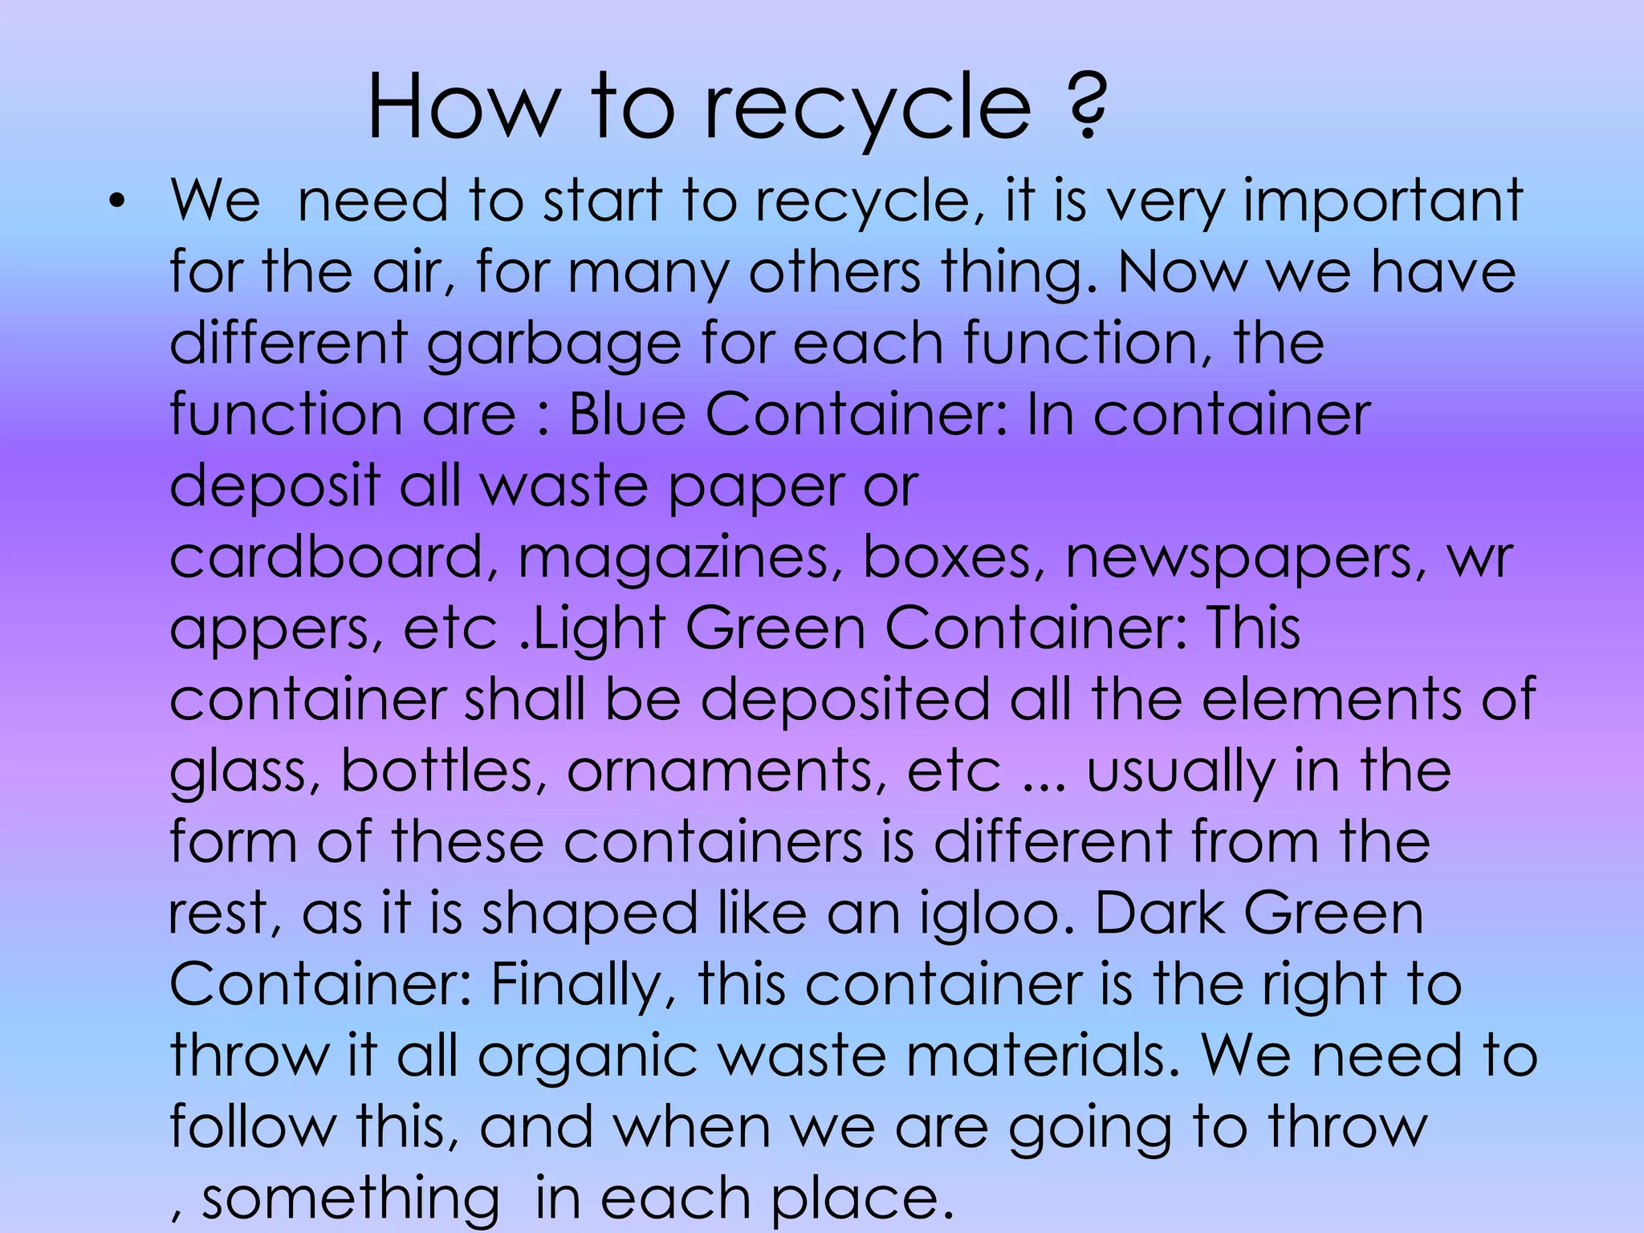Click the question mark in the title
point(1088,107)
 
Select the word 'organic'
point(588,1056)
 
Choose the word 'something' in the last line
point(350,1198)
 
